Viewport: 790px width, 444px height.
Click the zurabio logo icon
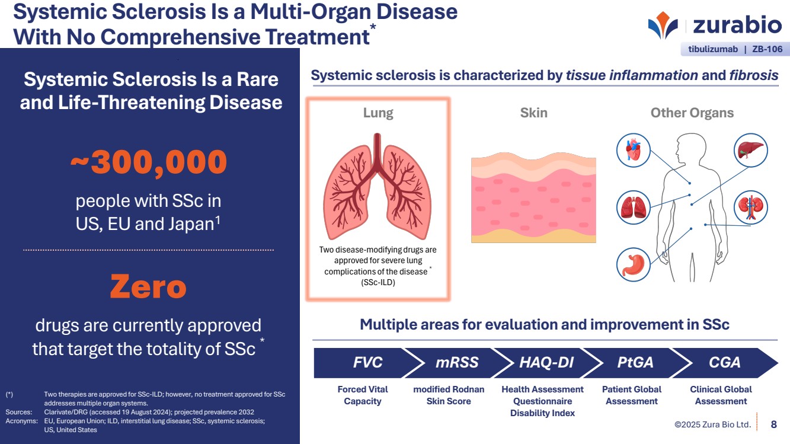663,25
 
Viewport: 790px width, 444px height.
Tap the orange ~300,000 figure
149,162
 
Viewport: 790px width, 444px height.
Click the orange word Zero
148,286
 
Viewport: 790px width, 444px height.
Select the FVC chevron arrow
367,363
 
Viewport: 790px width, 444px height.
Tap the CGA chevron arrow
725,363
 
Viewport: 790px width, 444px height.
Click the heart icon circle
633,150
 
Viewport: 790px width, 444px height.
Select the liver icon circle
750,150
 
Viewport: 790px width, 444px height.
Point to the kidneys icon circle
750,207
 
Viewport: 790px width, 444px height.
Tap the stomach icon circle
633,264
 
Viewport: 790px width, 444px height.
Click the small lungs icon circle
633,207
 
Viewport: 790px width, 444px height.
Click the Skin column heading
533,113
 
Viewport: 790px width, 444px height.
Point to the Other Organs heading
692,113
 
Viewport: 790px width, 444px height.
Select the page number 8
774,424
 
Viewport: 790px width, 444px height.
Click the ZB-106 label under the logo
767,49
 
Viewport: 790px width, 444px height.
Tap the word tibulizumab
713,49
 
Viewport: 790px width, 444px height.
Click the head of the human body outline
690,148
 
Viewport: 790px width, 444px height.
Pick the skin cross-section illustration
533,197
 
